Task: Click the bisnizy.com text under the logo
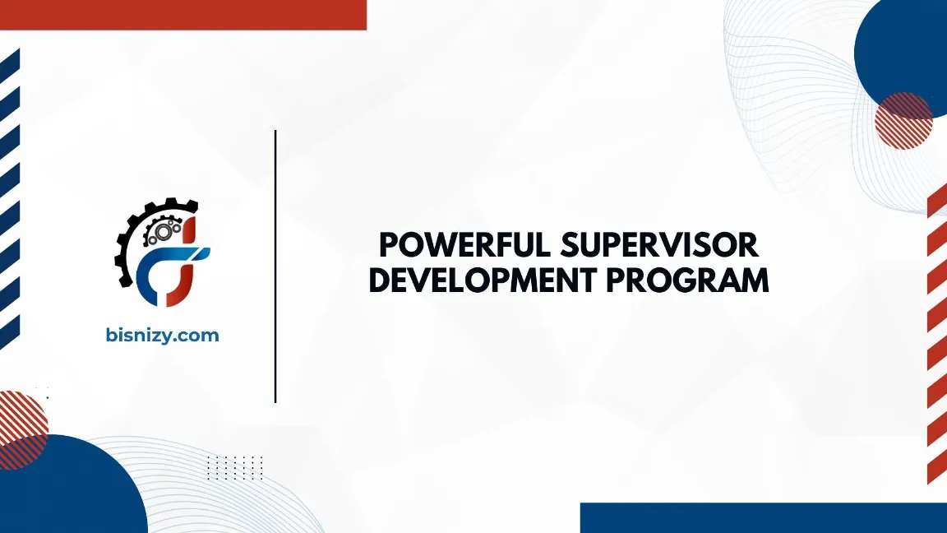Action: [163, 336]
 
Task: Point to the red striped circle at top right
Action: [903, 120]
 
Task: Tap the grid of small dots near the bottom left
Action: [234, 467]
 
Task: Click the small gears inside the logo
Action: [159, 231]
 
